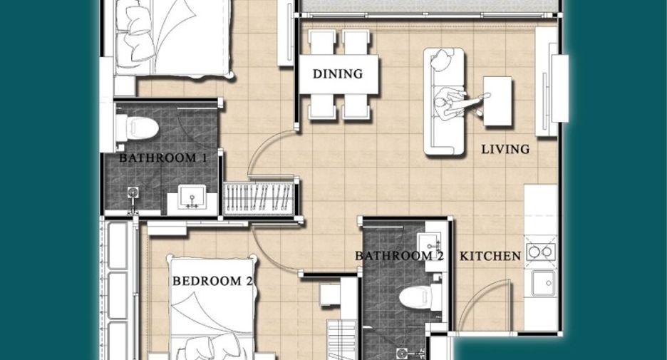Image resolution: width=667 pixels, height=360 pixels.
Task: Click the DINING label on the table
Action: point(338,74)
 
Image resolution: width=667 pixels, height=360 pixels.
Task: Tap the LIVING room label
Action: point(505,150)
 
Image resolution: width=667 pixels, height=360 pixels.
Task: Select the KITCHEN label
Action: point(490,256)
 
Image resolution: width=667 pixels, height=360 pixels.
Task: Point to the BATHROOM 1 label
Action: point(163,158)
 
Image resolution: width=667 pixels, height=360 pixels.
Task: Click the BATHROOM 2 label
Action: point(400,256)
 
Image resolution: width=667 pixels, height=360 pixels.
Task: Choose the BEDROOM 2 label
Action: point(212,281)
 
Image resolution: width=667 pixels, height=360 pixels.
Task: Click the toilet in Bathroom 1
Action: point(137,128)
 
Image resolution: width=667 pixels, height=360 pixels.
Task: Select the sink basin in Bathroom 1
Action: point(192,197)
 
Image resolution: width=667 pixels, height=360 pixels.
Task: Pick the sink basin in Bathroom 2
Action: point(431,245)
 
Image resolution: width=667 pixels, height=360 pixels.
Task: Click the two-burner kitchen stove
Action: point(540,252)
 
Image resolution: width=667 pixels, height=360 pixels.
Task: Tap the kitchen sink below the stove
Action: point(543,283)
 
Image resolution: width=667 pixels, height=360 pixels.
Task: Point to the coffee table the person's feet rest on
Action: point(497,101)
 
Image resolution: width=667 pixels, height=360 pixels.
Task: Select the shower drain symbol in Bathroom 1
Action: point(133,192)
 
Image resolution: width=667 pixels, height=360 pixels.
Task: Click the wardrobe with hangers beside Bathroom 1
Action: point(258,198)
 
